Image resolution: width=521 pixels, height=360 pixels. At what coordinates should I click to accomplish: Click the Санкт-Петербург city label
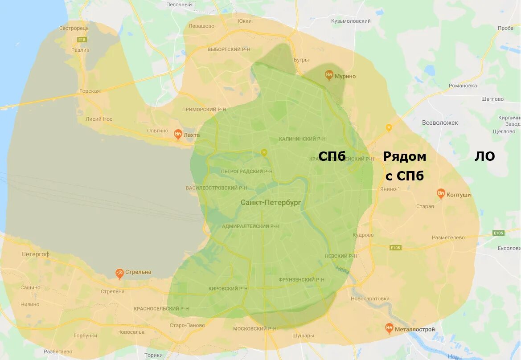(271, 202)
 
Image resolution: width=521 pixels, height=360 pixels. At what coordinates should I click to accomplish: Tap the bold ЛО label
(484, 156)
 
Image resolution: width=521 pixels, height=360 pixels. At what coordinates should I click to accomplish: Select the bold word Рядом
(404, 156)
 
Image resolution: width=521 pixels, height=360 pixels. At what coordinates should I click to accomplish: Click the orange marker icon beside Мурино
(329, 75)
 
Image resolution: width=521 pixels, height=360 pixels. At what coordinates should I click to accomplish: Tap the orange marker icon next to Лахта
(178, 134)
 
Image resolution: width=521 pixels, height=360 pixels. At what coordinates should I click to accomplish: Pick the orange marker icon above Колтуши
(441, 193)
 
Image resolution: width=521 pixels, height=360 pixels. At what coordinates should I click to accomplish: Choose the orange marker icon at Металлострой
(389, 329)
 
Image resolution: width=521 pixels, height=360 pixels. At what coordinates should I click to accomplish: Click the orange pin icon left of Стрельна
(119, 273)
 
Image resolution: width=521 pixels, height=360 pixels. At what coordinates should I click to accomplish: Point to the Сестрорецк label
(74, 28)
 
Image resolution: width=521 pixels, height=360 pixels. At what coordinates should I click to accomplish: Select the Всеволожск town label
(440, 123)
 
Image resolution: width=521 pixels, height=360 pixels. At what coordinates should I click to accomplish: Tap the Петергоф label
(35, 254)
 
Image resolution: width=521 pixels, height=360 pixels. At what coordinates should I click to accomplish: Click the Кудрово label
(363, 235)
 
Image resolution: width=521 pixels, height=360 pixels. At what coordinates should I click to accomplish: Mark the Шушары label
(303, 335)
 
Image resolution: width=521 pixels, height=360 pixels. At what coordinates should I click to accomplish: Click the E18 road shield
(82, 39)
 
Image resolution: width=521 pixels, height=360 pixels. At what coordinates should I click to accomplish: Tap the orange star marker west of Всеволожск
(389, 128)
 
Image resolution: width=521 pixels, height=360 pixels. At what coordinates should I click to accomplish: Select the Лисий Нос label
(99, 119)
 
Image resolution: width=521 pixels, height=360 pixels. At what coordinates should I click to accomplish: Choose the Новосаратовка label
(370, 299)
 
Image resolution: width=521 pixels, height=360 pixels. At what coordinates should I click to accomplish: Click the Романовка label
(463, 86)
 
